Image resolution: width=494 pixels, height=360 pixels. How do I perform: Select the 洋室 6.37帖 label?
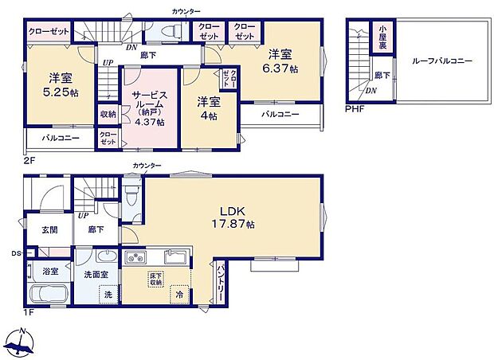click(x=280, y=62)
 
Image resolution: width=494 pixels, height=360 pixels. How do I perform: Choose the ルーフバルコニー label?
click(x=442, y=61)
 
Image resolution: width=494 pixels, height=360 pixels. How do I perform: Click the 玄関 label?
click(x=49, y=229)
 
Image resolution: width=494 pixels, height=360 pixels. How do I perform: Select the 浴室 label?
click(x=50, y=271)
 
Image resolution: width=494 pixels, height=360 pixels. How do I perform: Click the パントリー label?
click(x=220, y=280)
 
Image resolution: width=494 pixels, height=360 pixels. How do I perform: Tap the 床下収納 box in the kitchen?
click(x=155, y=280)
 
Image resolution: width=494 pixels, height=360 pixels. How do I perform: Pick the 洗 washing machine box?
click(x=108, y=295)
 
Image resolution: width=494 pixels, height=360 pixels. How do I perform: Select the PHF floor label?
click(x=354, y=109)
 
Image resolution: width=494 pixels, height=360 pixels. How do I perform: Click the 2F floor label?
click(x=30, y=158)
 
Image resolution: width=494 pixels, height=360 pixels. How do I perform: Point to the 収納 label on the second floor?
click(x=108, y=115)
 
